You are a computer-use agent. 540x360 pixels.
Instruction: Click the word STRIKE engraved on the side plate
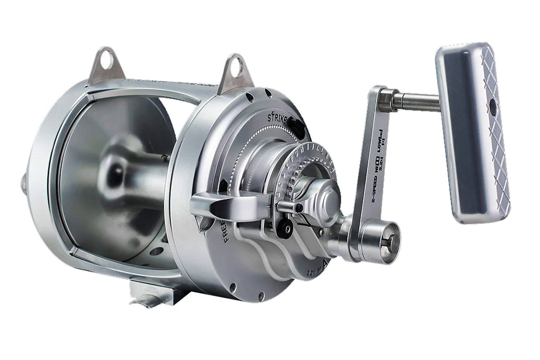[278, 118]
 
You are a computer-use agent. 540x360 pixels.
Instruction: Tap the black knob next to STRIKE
[294, 123]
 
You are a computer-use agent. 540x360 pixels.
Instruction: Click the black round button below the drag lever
[285, 228]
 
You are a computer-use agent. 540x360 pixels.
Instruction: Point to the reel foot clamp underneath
[153, 291]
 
